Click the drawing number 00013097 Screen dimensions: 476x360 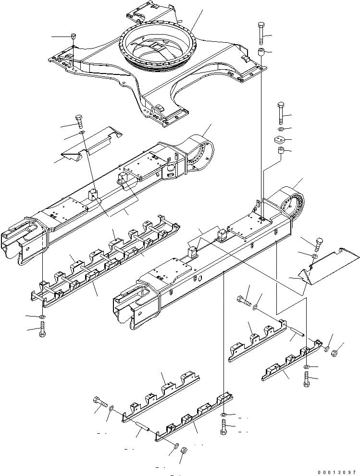pos(336,472)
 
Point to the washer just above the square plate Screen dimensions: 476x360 pos(280,130)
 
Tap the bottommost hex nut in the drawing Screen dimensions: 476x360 pos(183,450)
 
